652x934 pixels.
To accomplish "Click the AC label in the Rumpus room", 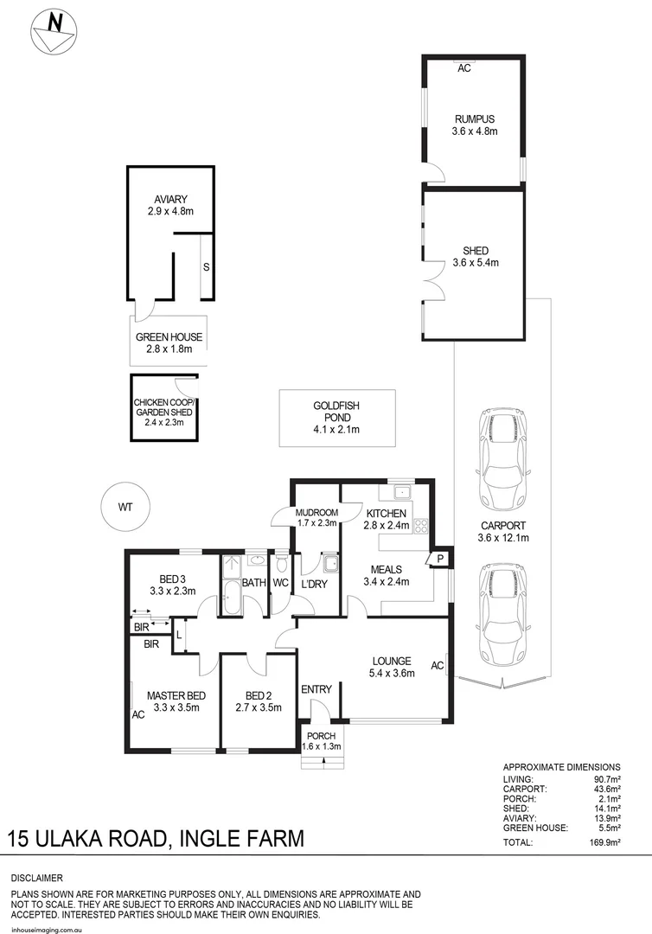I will (463, 68).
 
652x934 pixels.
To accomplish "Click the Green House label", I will (169, 337).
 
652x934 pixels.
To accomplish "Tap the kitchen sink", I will (401, 494).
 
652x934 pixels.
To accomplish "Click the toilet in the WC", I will (281, 565).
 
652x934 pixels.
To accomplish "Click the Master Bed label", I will (176, 695).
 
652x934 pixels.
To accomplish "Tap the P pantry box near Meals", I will (439, 560).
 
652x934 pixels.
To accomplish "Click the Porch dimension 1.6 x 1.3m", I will (322, 746).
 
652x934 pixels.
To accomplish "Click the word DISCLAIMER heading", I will (36, 878).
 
